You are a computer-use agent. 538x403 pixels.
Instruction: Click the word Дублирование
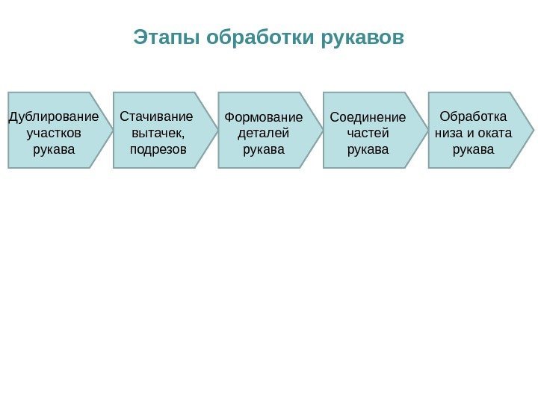pos(54,117)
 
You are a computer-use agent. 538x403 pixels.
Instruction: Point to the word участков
pos(55,134)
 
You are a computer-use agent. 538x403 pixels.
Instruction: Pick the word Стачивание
pos(156,117)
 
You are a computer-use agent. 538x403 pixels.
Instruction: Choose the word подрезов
pos(158,150)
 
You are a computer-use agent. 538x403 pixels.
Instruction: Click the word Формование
pos(263,117)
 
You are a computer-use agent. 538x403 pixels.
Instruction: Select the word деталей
pos(263,134)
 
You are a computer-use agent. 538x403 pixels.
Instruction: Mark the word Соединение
pos(368,117)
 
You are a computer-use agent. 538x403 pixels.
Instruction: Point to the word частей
pos(368,134)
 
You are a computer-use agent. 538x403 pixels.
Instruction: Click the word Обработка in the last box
pos(473,117)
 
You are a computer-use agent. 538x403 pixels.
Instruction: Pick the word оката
pos(492,134)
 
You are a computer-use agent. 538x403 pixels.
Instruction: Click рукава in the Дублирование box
pos(55,150)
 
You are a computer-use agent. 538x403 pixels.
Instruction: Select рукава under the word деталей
pos(264,150)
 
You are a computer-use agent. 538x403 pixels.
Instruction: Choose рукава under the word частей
pos(368,150)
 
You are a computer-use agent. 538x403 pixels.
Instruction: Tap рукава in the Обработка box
pos(474,150)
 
